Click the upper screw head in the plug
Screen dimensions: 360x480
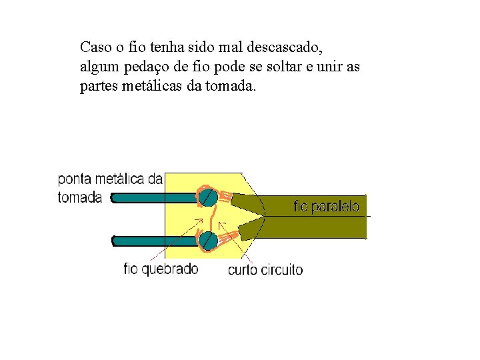pyautogui.click(x=207, y=197)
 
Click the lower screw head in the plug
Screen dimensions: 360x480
pyautogui.click(x=207, y=239)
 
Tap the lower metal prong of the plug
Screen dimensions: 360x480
pyautogui.click(x=153, y=239)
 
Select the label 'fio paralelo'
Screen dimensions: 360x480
pyautogui.click(x=326, y=207)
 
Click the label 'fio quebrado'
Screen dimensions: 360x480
pyautogui.click(x=161, y=269)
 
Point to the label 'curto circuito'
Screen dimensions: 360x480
pyautogui.click(x=265, y=270)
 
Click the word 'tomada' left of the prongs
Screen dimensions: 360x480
pyautogui.click(x=80, y=197)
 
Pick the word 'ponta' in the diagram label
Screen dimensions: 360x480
pyautogui.click(x=75, y=179)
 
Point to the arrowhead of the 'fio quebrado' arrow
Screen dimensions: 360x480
pyautogui.click(x=202, y=218)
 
